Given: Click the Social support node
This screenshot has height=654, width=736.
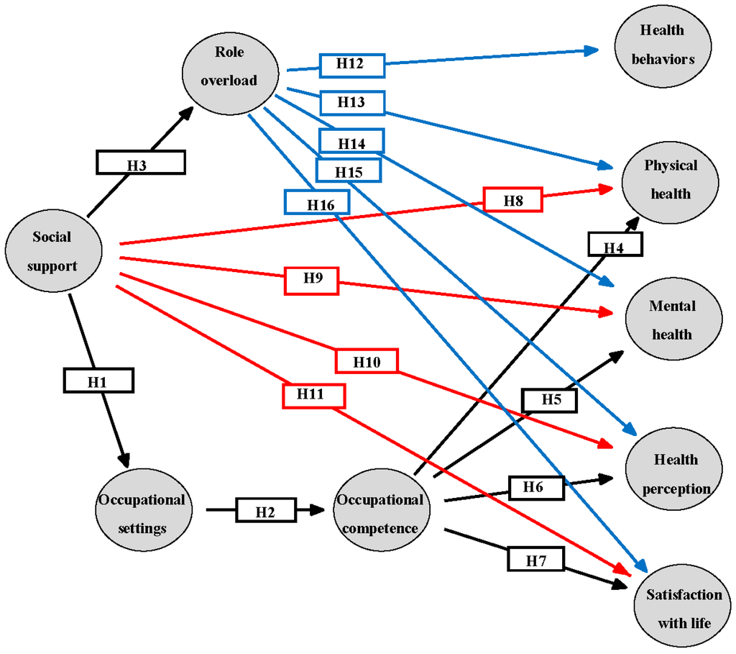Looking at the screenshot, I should pos(52,252).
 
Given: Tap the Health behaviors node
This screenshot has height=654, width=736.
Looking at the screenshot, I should pos(663,45).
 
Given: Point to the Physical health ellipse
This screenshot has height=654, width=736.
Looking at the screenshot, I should pos(670,180).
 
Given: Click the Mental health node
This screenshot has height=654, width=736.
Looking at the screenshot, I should pos(670,320).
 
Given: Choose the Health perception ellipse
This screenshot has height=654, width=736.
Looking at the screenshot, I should pos(670,473).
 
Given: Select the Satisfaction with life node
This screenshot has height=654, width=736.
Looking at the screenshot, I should pos(683,609).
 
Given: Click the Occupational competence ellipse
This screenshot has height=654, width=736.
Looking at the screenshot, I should pos(381,514).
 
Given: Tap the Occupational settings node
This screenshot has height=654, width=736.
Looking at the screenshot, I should pos(142,513).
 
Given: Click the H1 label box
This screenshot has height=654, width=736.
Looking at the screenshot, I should pos(98,381).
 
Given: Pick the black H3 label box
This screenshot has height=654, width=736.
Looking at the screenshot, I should pos(141,163).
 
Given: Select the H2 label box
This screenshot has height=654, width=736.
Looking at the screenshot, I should pos(265,512).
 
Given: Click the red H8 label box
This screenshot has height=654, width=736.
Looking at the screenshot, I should pos(512,199).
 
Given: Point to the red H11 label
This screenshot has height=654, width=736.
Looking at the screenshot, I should pos(313,395).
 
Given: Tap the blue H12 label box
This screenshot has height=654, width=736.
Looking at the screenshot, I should pos(351,65).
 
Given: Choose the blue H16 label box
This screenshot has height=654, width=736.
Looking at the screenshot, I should pos(317,202).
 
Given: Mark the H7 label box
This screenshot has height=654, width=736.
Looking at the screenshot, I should pos(536,558).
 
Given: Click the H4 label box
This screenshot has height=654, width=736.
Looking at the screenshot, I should pos(615,245).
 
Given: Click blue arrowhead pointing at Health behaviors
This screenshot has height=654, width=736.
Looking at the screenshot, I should pos(592,50).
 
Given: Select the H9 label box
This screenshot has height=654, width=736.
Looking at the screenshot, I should pos(312,280).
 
